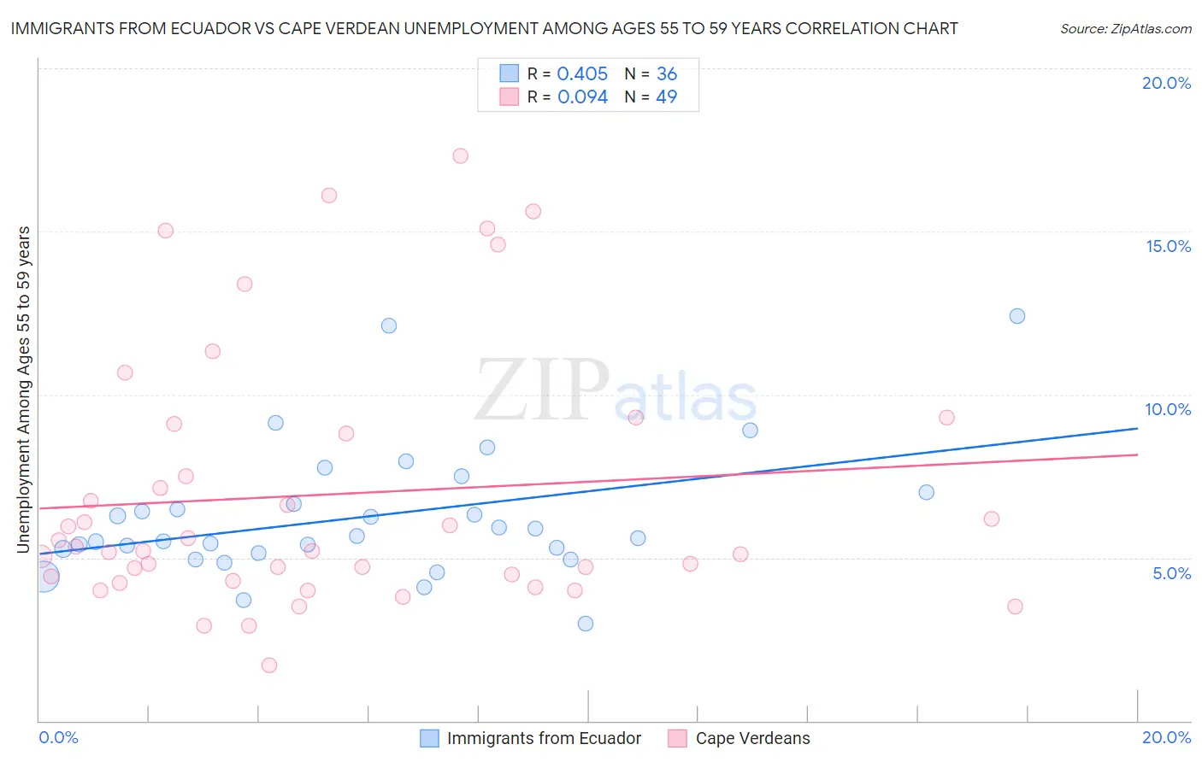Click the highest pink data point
pos(460,155)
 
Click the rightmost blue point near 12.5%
pos(1016,316)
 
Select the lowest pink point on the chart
pos(269,665)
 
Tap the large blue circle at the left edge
pos(44,577)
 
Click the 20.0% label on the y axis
pos(1166,83)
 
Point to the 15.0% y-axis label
pos(1168,246)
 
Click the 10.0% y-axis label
pos(1168,409)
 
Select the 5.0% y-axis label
pos(1171,573)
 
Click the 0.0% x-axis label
pos(58,737)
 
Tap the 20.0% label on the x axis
pos(1166,737)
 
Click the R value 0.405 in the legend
pos(582,74)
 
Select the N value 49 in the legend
pos(666,97)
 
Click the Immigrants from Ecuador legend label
pos(544,738)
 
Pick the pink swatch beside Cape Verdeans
pos(677,738)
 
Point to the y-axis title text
pos(23,389)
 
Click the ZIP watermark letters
pos(540,391)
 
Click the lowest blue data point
pos(585,624)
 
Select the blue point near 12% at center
pos(389,325)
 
